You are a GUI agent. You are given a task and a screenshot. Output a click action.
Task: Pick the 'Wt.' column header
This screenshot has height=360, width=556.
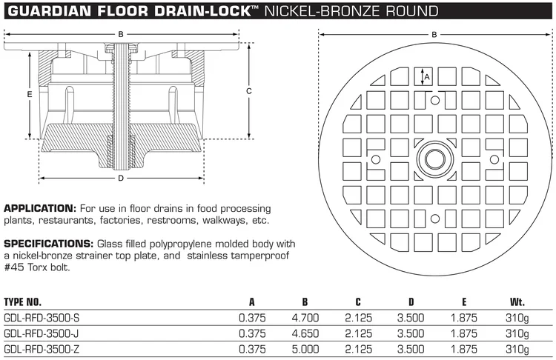pos(517,301)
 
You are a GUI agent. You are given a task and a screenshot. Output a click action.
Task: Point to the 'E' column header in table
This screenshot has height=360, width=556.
pos(465,301)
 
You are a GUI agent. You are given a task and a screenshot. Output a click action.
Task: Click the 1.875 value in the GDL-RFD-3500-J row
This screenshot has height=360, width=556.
pos(464,333)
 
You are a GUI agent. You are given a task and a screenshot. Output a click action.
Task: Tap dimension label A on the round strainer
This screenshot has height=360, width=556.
pos(426,76)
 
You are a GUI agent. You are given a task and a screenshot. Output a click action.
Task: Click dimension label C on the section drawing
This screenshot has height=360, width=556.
pos(249,90)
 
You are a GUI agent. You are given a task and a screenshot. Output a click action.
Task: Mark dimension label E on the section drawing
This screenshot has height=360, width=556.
pos(28,94)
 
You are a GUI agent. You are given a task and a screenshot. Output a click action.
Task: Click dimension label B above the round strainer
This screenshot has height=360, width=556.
pos(434,33)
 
